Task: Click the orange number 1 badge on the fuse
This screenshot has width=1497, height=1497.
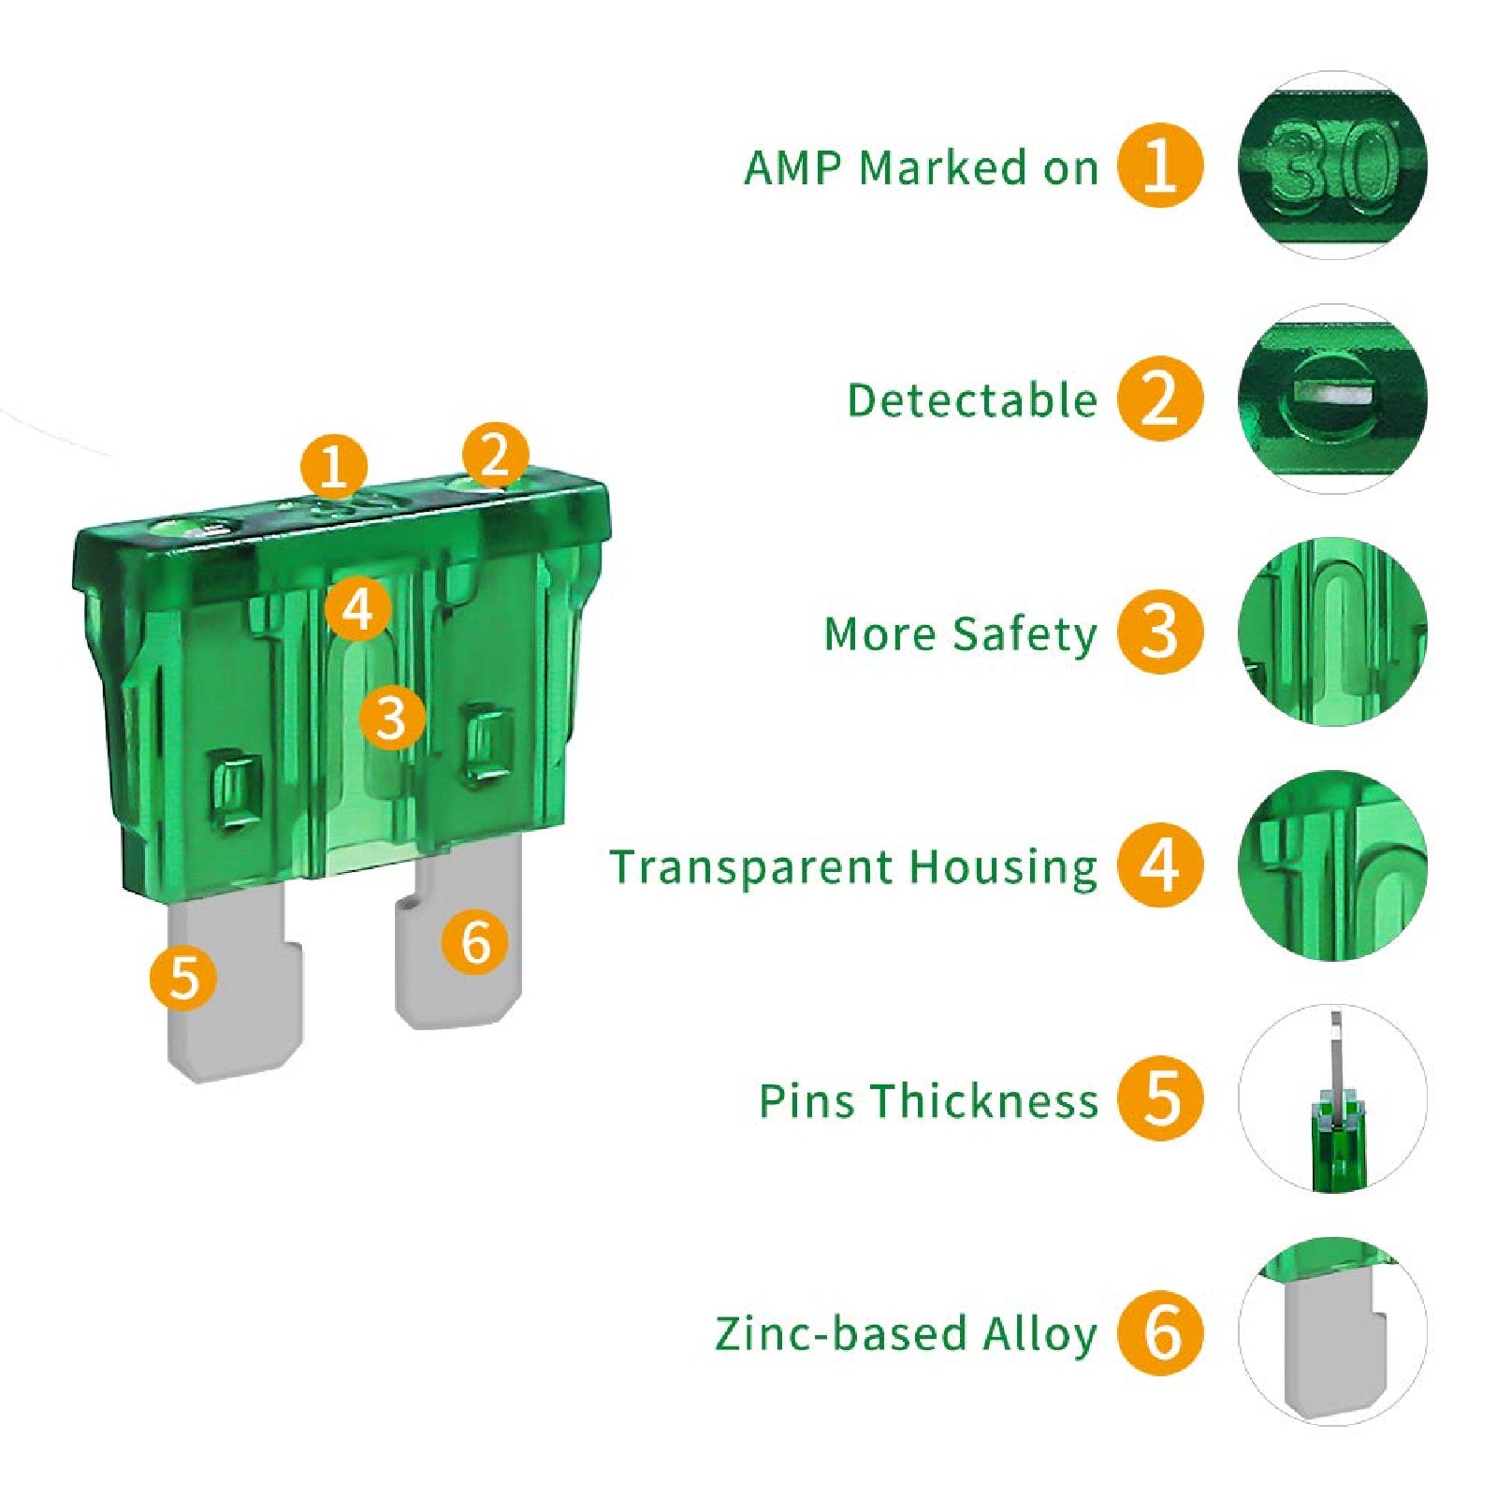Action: (x=334, y=466)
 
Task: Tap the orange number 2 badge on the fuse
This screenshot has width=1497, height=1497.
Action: (x=495, y=455)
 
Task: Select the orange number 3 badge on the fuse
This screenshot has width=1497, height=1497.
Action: (x=392, y=718)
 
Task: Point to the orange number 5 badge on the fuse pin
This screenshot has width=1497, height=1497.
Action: (x=183, y=978)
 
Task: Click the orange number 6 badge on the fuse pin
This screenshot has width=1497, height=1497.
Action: (x=475, y=941)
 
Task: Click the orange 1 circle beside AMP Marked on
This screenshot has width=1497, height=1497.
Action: (x=1159, y=166)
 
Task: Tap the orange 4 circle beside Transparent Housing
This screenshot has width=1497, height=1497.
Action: (x=1159, y=865)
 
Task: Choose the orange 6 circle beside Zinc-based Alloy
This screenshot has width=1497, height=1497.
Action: (x=1159, y=1332)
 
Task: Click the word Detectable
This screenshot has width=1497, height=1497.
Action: (x=971, y=400)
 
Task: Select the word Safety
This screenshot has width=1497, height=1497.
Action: (x=1025, y=635)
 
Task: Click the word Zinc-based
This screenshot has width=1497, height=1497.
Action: (x=840, y=1333)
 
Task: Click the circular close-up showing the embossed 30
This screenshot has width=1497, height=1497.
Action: (x=1332, y=166)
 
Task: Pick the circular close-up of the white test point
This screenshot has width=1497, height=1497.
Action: (x=1332, y=399)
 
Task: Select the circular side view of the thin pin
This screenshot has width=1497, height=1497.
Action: (x=1332, y=1098)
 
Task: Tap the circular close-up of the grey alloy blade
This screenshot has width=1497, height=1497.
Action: (x=1332, y=1331)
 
